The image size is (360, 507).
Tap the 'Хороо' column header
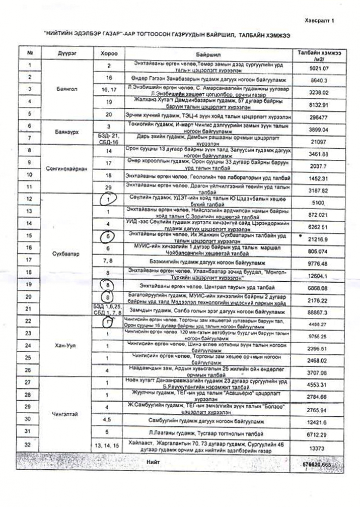click(x=109, y=53)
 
